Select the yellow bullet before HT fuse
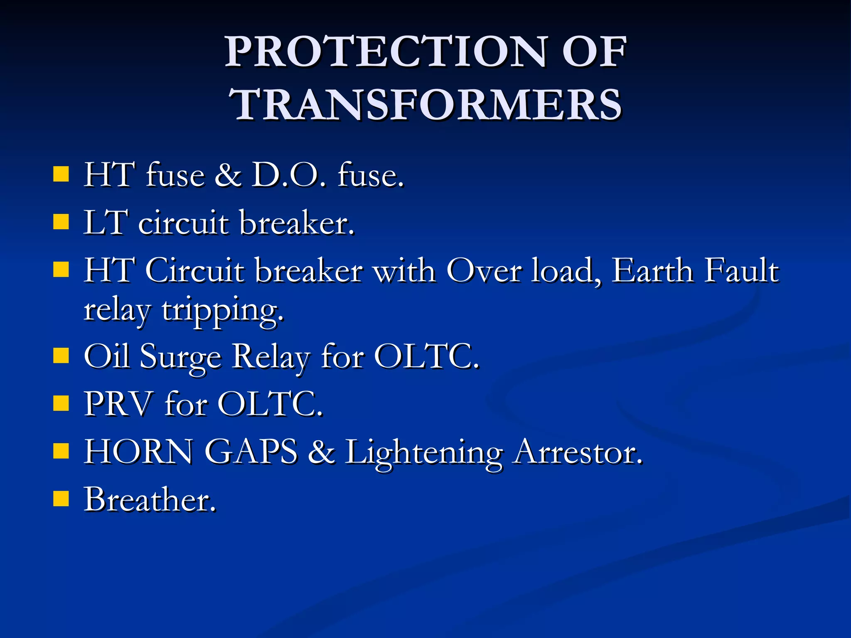pos(61,174)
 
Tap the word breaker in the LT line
pos(297,223)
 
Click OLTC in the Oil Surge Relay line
pos(426,356)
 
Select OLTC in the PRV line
pos(270,404)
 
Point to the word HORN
pos(138,452)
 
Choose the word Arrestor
pos(578,452)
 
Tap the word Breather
pos(150,499)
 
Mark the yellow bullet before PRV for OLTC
pos(61,403)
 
